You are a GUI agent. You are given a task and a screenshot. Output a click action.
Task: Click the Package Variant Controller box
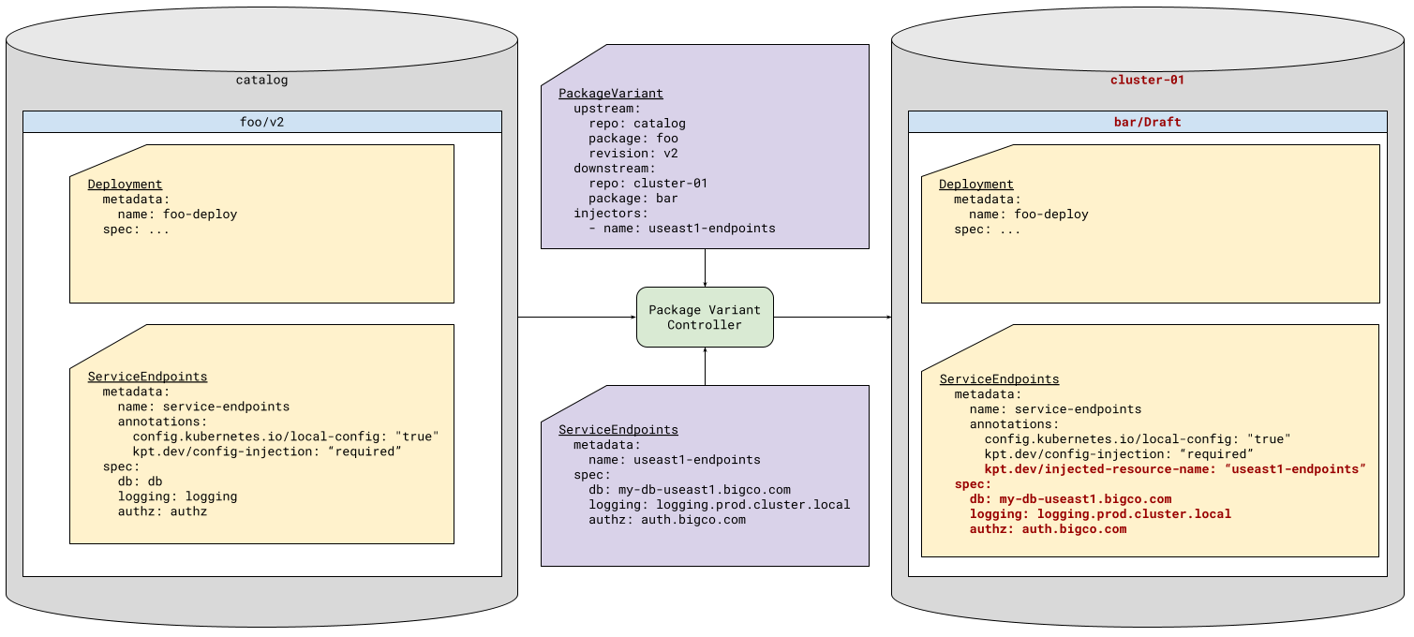point(705,318)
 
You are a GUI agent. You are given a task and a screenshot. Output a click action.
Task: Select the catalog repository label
point(261,80)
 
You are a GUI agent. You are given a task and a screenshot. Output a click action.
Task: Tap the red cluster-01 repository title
point(1147,80)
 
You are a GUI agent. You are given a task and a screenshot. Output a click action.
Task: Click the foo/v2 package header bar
point(261,122)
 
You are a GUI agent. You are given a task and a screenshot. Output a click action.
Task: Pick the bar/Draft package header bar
point(1147,122)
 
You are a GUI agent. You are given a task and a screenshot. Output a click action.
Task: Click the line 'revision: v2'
point(633,154)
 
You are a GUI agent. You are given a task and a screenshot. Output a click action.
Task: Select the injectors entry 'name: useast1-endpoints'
point(682,229)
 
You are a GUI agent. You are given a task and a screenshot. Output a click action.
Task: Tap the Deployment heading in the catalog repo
point(125,185)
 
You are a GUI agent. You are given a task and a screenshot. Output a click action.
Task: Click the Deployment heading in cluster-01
point(975,185)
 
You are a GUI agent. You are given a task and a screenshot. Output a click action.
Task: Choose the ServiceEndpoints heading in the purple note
point(618,430)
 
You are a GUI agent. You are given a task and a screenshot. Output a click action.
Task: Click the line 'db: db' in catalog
point(140,481)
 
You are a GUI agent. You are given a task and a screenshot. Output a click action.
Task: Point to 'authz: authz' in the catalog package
point(162,511)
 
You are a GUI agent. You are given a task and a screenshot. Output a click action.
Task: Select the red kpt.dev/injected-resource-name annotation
point(1175,469)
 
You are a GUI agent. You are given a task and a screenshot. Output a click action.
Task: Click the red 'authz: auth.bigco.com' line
point(1048,529)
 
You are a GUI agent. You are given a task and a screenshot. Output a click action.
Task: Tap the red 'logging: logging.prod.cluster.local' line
point(1100,514)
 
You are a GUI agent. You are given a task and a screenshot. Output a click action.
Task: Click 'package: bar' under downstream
point(633,199)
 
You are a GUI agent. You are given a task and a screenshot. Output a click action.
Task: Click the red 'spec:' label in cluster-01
point(973,484)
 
